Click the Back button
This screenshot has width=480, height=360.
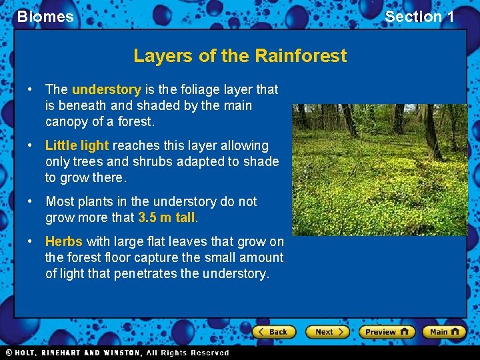click(x=273, y=331)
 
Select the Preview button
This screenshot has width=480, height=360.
click(x=386, y=331)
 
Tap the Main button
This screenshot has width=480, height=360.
click(x=443, y=331)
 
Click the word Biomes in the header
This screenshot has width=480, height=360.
click(x=45, y=17)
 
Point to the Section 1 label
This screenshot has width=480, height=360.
click(x=419, y=17)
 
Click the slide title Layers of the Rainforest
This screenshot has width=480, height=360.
click(x=240, y=55)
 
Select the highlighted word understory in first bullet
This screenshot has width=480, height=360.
click(x=106, y=89)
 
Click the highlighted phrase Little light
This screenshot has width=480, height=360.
click(x=77, y=145)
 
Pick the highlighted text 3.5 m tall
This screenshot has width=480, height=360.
click(x=167, y=217)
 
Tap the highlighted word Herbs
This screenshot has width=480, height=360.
click(x=64, y=241)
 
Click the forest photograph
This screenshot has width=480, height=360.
click(x=379, y=169)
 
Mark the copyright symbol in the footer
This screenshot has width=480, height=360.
click(x=9, y=353)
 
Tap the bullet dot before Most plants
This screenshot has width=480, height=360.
click(x=31, y=201)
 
